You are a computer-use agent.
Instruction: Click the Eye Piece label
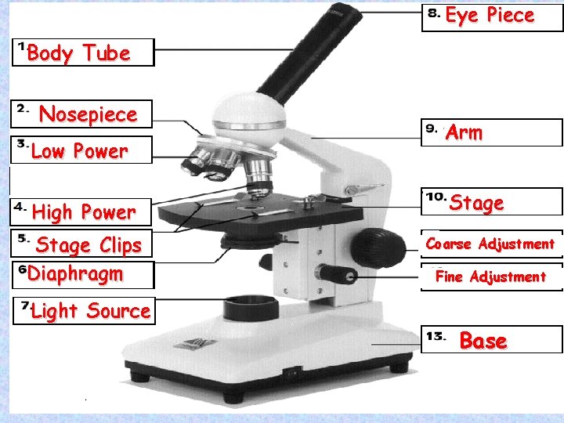(490, 16)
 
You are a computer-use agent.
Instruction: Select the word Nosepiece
(88, 114)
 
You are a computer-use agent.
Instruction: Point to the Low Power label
(79, 151)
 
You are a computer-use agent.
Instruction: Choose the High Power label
(83, 211)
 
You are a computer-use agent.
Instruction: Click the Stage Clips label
(89, 245)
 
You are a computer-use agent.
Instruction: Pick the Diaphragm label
(75, 274)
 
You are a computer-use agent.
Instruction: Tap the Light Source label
(90, 311)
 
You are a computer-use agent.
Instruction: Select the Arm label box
(492, 132)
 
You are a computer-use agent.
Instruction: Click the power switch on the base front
(291, 374)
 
